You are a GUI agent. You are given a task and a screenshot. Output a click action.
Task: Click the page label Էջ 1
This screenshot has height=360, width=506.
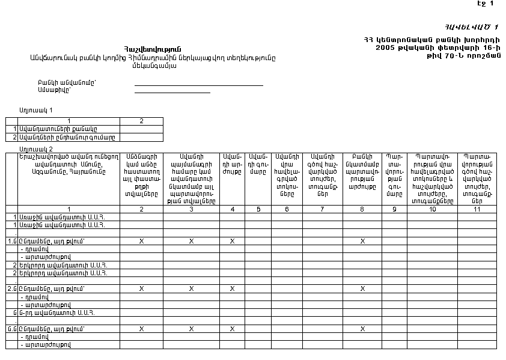coord(485,4)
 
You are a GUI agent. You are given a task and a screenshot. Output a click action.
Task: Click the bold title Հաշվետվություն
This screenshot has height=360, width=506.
coord(153,49)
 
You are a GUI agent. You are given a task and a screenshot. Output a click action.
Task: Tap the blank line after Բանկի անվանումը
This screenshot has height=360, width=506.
coord(198,85)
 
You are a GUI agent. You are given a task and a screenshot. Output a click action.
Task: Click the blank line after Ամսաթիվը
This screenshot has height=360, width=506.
coord(172,93)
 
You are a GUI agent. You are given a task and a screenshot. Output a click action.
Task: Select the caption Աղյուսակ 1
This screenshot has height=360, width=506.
coord(35,111)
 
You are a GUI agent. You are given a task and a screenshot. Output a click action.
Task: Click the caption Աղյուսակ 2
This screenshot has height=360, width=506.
coord(35,148)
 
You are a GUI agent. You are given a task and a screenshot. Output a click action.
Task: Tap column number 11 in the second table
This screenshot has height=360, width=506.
coord(477,209)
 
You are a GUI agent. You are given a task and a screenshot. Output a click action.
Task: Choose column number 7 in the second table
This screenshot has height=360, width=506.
coord(322,209)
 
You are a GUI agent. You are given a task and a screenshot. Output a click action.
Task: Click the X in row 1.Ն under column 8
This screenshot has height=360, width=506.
coord(362,240)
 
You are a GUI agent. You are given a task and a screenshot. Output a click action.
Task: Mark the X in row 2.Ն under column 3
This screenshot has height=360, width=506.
coord(191,288)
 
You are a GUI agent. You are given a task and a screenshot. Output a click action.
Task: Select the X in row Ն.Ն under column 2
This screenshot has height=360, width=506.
coord(141,329)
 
